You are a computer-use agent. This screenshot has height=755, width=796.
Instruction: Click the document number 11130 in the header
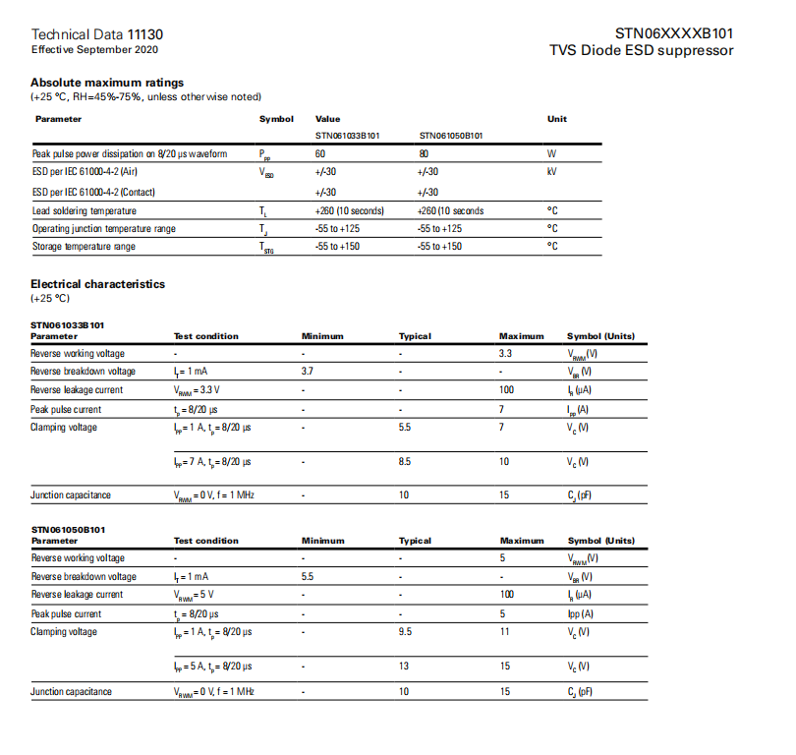145,33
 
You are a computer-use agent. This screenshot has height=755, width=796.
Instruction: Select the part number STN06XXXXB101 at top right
674,33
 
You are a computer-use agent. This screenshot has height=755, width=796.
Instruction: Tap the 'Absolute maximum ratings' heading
107,83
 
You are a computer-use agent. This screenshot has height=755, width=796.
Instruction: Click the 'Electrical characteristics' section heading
97,284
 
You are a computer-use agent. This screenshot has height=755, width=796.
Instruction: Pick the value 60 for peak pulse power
320,154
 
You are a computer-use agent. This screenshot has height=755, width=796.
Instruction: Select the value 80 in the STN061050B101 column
423,154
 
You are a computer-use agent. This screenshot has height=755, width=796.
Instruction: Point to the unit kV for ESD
552,173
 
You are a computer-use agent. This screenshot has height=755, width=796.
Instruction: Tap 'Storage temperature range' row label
84,247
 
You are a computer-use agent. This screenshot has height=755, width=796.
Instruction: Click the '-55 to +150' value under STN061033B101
339,247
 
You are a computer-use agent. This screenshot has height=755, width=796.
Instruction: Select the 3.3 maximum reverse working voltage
505,353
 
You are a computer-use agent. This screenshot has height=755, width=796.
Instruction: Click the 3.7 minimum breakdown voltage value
308,372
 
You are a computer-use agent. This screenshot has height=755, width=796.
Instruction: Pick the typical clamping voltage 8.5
405,461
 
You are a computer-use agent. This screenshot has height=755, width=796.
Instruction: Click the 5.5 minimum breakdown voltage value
308,576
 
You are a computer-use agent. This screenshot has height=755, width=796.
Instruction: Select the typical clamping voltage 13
404,666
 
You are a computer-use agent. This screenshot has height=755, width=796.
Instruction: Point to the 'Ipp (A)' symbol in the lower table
581,613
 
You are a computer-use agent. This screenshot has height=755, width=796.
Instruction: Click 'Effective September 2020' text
94,49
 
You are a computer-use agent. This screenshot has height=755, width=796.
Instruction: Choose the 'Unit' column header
557,119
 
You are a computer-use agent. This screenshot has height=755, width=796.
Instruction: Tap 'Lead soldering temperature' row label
85,210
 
